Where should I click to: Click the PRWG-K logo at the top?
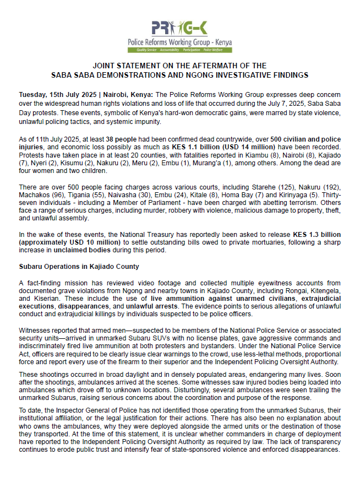(179, 28)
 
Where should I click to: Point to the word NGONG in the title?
(234, 74)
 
